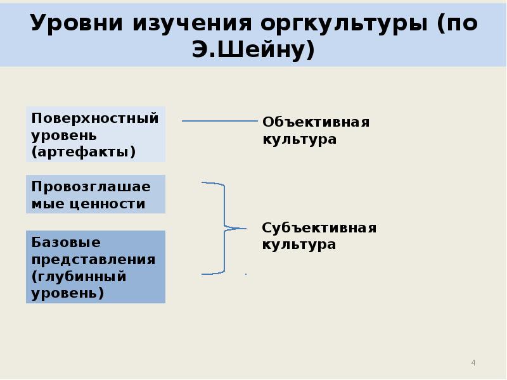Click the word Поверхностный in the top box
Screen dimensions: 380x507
tap(94, 118)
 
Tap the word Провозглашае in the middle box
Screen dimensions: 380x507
tap(91, 187)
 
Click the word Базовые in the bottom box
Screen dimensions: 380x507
tap(57, 242)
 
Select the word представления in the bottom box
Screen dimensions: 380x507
tap(93, 259)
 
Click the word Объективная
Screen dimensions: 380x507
tap(316, 122)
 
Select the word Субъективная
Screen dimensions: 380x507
tap(319, 227)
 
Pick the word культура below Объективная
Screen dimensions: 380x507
tap(299, 138)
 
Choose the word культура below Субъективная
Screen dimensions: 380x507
tap(299, 244)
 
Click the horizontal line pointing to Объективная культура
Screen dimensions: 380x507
tap(219, 121)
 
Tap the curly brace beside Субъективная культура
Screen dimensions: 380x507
tap(224, 228)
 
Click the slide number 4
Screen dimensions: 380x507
tap(473, 363)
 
